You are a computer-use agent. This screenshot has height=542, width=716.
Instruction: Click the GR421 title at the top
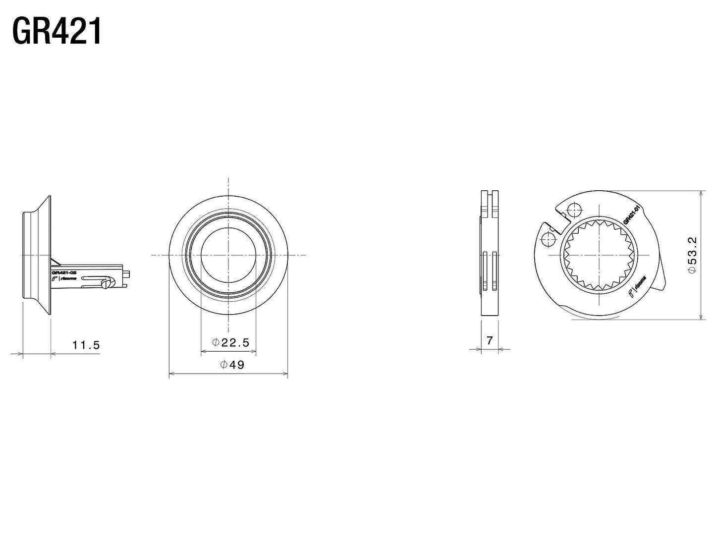tap(56, 32)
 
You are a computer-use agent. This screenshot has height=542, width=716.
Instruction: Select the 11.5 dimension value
tap(86, 345)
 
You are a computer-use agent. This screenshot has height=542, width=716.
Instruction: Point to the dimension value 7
tap(490, 340)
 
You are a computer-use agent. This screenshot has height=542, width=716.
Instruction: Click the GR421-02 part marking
tap(63, 272)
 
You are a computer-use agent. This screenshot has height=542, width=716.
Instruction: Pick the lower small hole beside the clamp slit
tap(547, 239)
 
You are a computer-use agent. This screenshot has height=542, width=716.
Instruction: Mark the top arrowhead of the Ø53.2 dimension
tap(701, 193)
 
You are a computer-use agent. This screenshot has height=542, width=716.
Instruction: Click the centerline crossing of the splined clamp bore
tap(600, 255)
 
